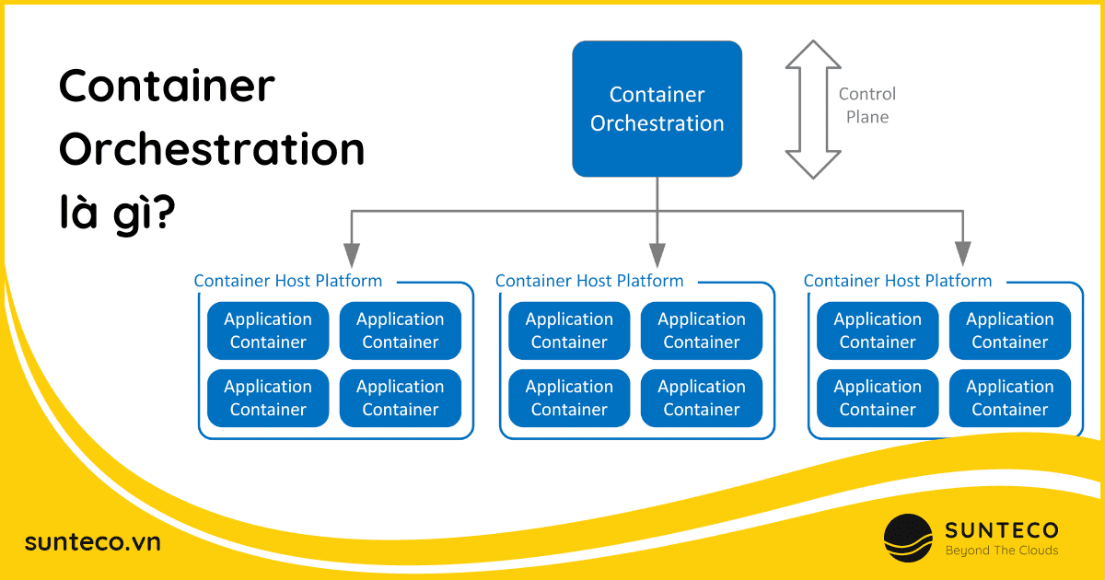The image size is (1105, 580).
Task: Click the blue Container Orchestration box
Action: (657, 109)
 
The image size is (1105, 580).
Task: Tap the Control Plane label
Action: (867, 105)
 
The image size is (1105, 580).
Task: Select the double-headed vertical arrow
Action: (812, 109)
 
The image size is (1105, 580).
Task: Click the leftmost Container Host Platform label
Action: (287, 281)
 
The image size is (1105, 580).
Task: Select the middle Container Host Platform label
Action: (589, 281)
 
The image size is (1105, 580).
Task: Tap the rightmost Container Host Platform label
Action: (898, 281)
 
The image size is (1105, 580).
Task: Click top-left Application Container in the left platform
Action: (268, 331)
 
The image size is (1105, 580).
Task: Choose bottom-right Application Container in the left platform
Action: (400, 398)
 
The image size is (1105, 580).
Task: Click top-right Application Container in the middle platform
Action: (702, 331)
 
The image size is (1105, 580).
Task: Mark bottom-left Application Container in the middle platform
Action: (569, 398)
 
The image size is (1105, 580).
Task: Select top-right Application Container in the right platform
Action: (1009, 331)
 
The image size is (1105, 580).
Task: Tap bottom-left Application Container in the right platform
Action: (878, 398)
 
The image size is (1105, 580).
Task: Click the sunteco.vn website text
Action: (93, 542)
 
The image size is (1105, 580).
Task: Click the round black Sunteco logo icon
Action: (908, 539)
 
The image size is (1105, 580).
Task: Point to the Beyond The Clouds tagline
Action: (1002, 551)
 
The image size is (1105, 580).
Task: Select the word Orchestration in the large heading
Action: (212, 150)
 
